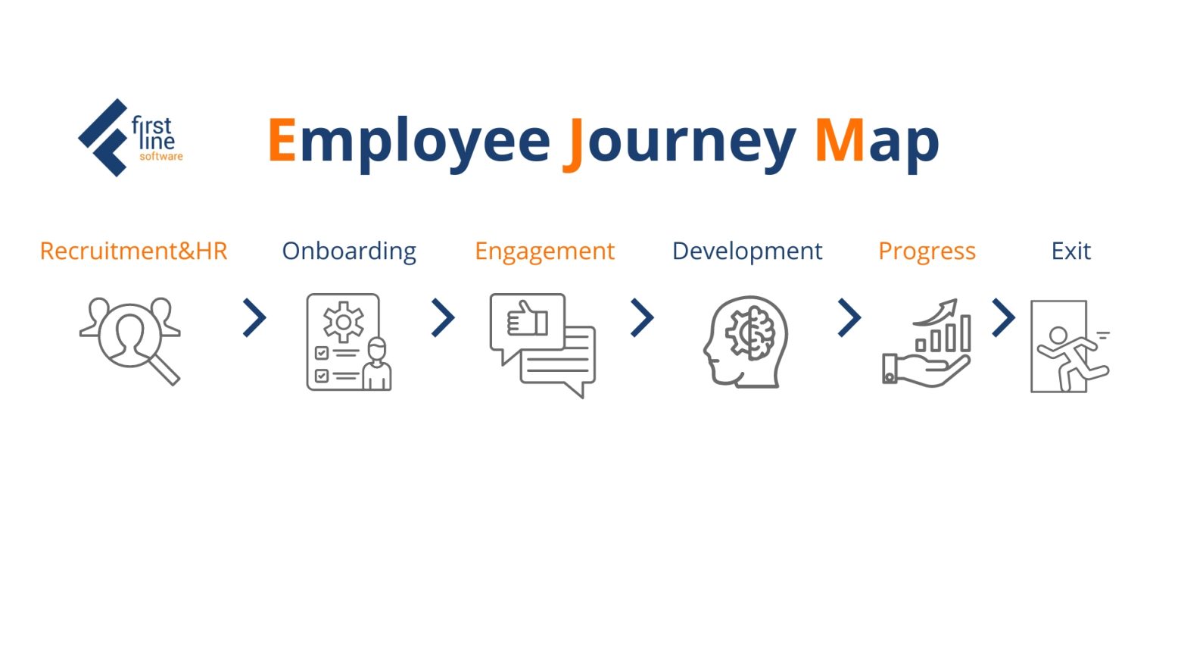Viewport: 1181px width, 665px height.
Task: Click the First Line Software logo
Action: (130, 138)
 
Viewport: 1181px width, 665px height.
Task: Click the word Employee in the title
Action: (409, 141)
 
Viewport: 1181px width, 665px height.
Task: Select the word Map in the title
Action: (877, 141)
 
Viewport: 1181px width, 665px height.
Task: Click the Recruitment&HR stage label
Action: (133, 251)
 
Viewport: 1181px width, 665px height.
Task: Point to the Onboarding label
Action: (349, 251)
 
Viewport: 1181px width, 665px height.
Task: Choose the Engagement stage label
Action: (544, 251)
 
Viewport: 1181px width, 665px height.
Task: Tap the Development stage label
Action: (746, 251)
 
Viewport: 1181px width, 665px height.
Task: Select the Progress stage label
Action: (927, 251)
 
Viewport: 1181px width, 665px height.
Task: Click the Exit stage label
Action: (1070, 251)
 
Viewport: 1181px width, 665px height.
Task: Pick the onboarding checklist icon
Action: (348, 342)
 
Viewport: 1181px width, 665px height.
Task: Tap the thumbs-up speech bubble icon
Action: (542, 345)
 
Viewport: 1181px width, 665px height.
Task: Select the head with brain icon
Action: (746, 342)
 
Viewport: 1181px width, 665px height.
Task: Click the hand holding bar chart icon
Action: (927, 344)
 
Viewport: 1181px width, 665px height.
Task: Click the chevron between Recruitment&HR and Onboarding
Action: (255, 318)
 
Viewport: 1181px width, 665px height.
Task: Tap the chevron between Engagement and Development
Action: (642, 318)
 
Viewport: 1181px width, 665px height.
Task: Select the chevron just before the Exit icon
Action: (1003, 318)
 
